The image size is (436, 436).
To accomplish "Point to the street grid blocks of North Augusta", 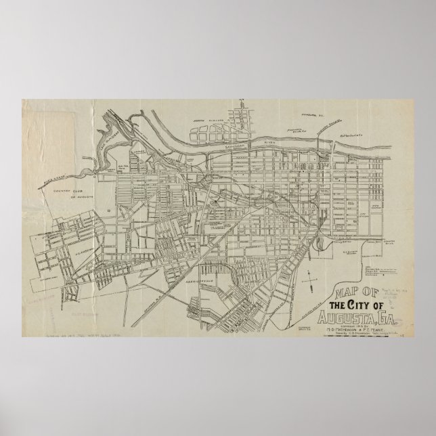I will click(240, 118).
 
